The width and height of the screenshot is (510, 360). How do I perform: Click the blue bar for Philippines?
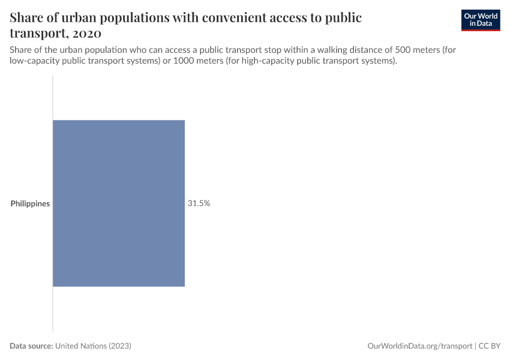[119, 203]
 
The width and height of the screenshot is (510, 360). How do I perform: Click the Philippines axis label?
[30, 203]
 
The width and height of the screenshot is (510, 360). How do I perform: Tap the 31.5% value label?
[199, 203]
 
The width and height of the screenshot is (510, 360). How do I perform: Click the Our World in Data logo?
[481, 20]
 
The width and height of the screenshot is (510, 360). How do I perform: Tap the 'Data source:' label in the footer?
[31, 346]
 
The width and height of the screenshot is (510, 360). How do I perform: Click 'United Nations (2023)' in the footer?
[93, 346]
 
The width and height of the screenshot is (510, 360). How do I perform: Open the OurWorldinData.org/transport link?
[419, 346]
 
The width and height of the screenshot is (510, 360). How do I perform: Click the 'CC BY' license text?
[490, 346]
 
